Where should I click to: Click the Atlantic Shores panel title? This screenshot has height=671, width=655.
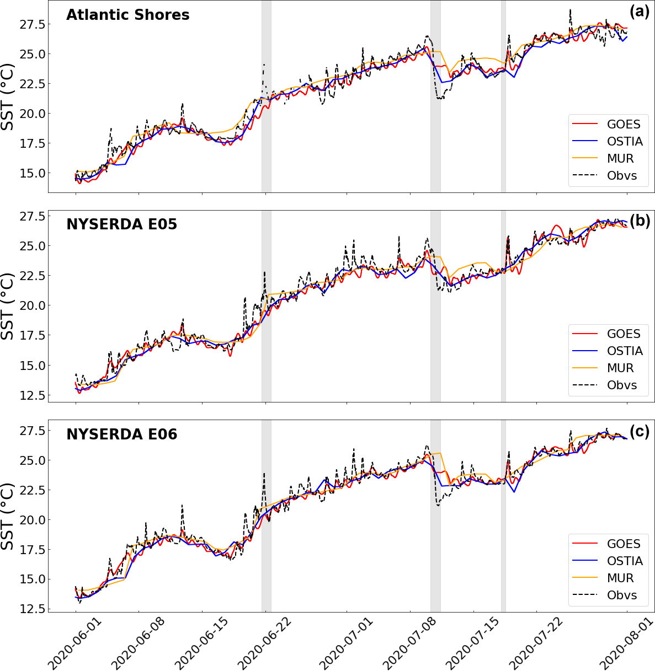point(127,15)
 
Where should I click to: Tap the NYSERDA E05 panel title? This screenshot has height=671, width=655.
point(121,224)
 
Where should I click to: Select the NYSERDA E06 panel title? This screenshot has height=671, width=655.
point(121,434)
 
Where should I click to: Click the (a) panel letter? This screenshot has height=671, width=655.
point(640,11)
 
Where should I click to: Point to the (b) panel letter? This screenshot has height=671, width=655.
point(640,221)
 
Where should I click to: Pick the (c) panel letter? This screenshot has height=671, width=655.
point(640,431)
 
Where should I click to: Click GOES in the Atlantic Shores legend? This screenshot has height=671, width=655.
point(624,125)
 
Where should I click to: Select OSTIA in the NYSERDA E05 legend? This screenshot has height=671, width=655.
point(625,351)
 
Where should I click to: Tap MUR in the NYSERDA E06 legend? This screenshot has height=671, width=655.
point(620,578)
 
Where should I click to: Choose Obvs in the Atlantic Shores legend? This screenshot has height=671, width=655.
point(622,176)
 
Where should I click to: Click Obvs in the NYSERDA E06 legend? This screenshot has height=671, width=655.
point(622,595)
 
